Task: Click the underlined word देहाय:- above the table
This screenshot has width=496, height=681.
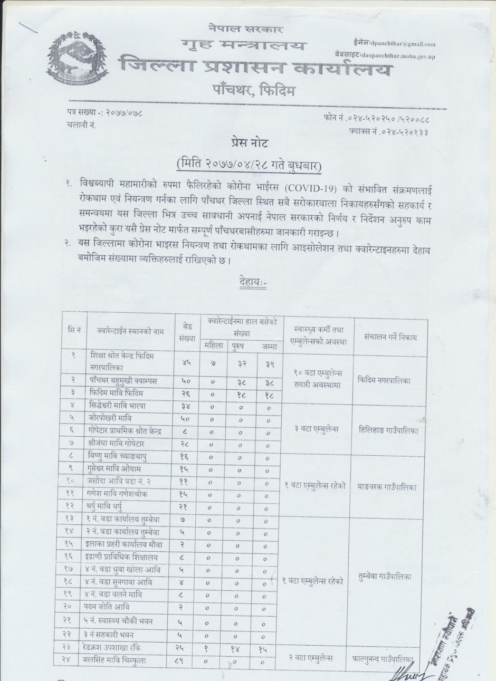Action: [253, 283]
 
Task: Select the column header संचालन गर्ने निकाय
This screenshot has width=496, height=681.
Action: [390, 337]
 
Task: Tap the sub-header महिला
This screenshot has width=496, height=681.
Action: [214, 346]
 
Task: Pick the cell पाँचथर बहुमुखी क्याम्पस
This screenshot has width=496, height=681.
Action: [122, 380]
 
